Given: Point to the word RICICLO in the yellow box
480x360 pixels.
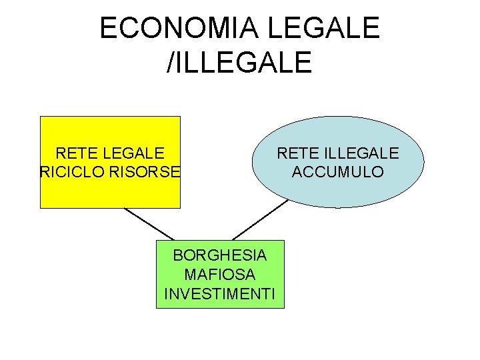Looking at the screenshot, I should tap(69, 171).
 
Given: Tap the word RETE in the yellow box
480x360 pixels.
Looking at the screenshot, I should tap(75, 153).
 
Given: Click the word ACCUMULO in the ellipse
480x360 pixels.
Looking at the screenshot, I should tap(338, 171).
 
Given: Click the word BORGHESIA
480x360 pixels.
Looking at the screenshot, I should tap(220, 255).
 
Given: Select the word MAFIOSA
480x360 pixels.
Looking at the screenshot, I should tap(220, 274).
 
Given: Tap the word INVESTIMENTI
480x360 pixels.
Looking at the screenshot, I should tap(220, 293).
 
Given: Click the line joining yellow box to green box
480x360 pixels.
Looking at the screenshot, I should tap(149, 224).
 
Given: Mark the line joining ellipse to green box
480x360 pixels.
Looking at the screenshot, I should tap(259, 221).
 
